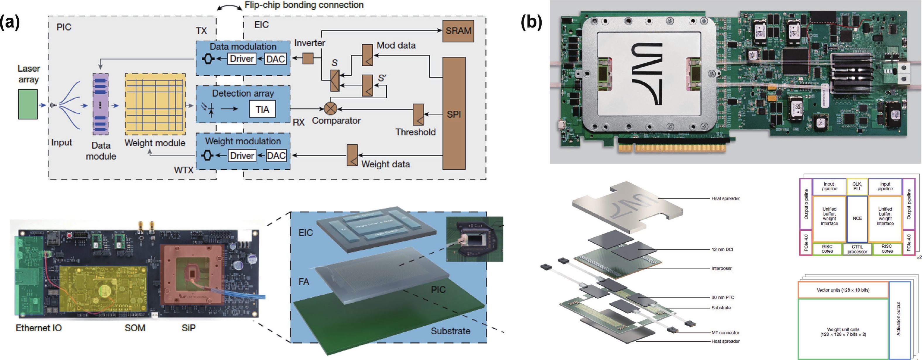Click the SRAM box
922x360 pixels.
tap(458, 31)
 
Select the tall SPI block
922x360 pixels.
tap(454, 113)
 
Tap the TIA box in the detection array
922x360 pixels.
tap(262, 109)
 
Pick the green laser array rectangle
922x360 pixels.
tap(28, 104)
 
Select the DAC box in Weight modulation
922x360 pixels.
tap(276, 156)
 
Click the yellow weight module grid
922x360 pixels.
tap(155, 104)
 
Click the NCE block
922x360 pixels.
tap(857, 218)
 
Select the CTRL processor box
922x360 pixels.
tap(857, 249)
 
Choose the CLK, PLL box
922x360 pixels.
tap(857, 186)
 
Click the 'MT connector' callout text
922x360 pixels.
tap(725, 333)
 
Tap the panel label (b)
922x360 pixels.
tap(532, 22)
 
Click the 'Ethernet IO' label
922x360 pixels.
tap(39, 328)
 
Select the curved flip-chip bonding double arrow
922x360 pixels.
tap(229, 7)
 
